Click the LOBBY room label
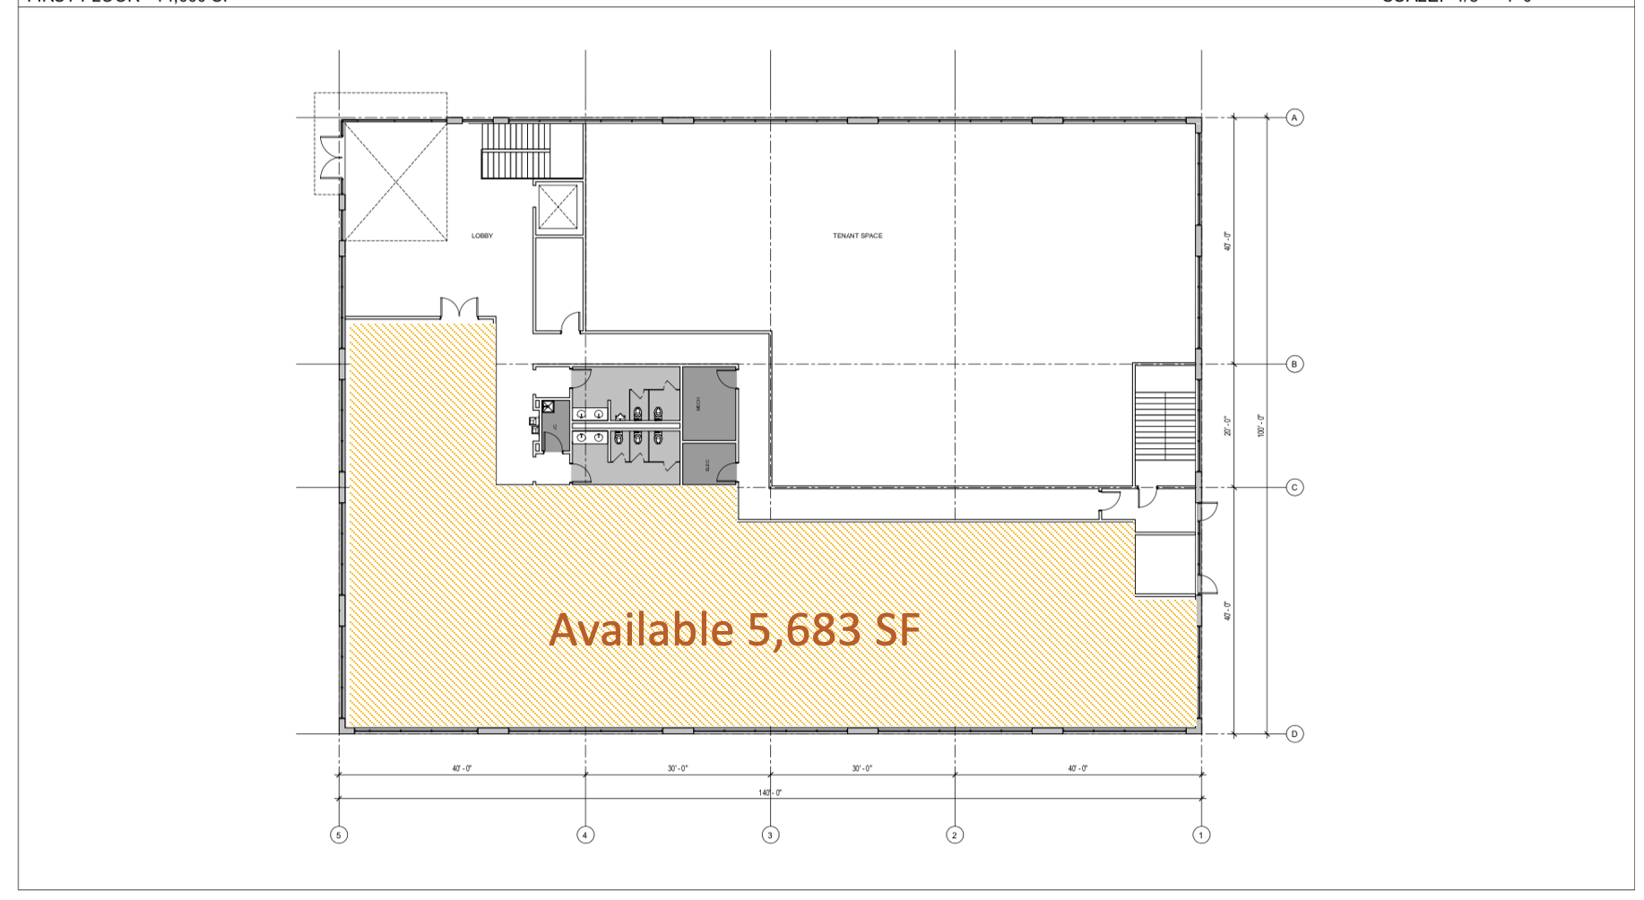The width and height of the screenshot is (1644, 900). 482,236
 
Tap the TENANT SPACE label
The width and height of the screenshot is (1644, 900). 857,236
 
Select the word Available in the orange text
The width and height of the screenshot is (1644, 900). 641,629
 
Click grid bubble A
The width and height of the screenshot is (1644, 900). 1294,117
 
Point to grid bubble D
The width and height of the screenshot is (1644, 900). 1294,733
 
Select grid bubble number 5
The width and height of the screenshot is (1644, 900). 338,835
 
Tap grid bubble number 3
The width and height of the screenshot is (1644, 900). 770,835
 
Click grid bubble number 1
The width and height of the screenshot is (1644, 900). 1201,835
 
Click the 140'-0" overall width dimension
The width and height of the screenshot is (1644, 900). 770,792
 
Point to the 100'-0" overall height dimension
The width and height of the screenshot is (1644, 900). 1261,425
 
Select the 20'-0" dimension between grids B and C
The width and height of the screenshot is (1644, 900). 1228,426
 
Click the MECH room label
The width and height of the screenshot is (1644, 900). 699,404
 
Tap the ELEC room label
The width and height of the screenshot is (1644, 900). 707,465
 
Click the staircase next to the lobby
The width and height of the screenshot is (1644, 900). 517,150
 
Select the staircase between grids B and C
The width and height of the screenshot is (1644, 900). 1165,425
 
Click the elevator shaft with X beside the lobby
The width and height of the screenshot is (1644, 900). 558,208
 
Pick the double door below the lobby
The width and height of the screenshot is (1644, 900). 460,308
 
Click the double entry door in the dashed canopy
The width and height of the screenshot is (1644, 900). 332,156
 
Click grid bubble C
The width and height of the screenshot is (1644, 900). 1294,488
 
